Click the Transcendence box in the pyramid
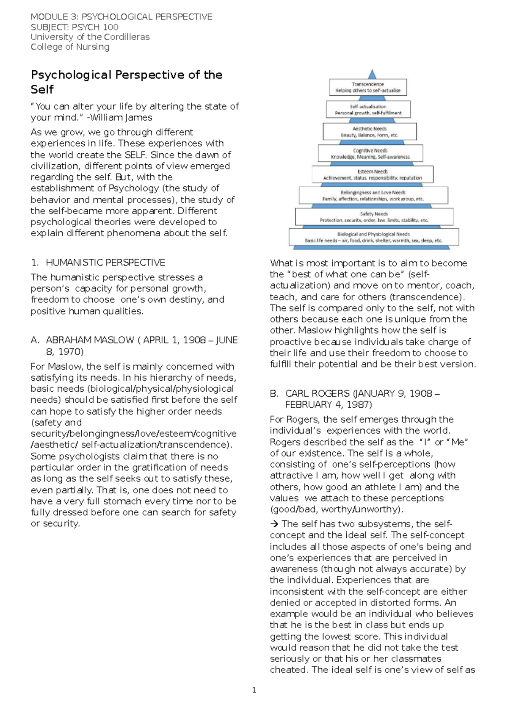point(368,87)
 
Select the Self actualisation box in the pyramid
point(368,110)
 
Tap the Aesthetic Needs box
point(370,132)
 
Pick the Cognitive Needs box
point(370,153)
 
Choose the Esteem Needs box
point(373,174)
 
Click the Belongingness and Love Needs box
point(373,196)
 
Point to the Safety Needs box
point(374,217)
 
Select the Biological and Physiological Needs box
point(373,237)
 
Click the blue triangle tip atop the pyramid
point(372,75)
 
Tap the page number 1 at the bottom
point(254,690)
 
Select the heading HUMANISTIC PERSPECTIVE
point(105,263)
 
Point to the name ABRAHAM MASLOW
point(90,340)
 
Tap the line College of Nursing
point(70,47)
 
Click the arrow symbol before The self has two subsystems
point(274,524)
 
